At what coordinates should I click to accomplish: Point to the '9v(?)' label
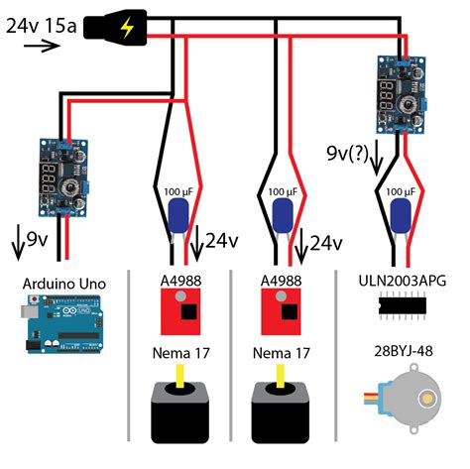[x=350, y=153]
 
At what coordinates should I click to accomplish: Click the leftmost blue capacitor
[x=179, y=218]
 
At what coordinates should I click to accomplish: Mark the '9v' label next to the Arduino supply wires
[x=35, y=239]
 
